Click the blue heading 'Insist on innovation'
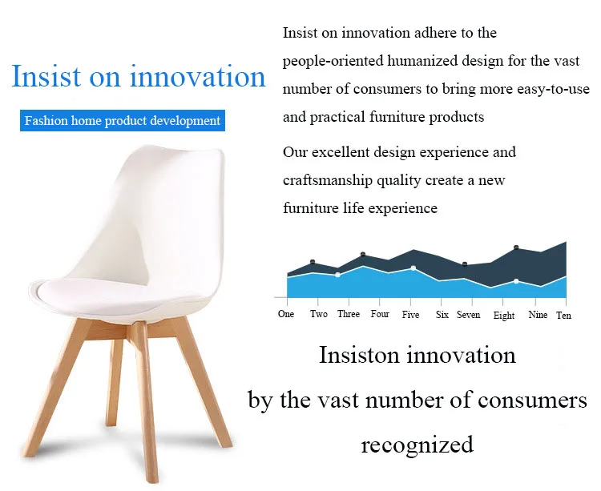point(139,76)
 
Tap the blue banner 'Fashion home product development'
point(123,121)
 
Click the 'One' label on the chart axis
point(286,314)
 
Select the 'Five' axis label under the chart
point(410,315)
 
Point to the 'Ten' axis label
point(563,316)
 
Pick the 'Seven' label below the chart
point(469,315)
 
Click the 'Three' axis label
point(349,314)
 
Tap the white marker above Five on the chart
point(413,268)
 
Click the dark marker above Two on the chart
point(313,262)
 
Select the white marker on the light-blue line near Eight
point(516,281)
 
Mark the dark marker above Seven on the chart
point(465,264)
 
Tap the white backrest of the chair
point(168,207)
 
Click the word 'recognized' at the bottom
point(417,445)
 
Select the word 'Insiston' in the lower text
point(359,355)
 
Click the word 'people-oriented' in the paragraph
point(333,62)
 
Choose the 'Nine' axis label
point(538,315)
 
